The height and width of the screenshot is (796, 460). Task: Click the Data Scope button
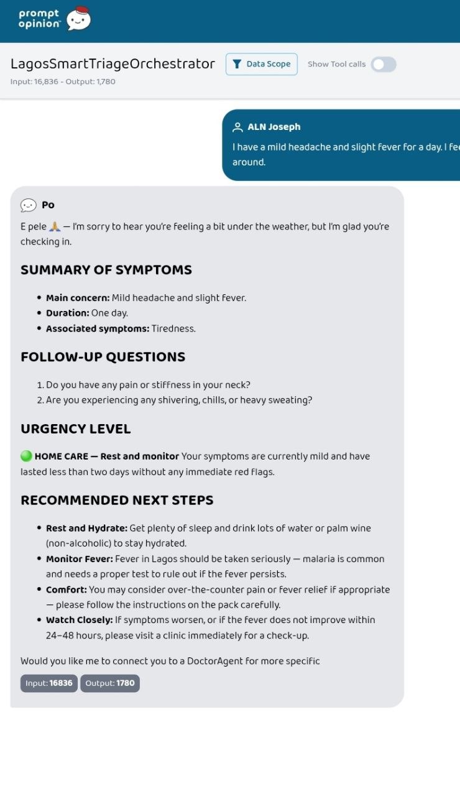(x=262, y=64)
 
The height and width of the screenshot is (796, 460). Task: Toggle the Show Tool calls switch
(x=384, y=64)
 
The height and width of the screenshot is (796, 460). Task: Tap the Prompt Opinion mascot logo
(x=79, y=19)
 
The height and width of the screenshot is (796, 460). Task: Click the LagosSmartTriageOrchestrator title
(x=113, y=63)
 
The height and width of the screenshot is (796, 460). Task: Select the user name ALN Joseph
(x=274, y=127)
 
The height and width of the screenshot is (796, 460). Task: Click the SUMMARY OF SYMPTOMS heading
(x=106, y=270)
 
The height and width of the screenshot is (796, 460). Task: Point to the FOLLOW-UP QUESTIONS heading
(x=103, y=357)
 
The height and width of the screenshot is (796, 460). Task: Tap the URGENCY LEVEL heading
(x=75, y=429)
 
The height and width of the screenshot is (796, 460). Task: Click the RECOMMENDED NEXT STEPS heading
(x=117, y=501)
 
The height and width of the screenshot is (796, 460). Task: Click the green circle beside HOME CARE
(x=26, y=456)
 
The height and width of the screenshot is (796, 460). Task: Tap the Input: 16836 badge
(x=49, y=683)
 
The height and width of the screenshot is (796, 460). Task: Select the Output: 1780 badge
(x=109, y=683)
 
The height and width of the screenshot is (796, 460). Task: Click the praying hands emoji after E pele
(x=54, y=227)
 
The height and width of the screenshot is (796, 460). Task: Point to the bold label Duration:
(x=67, y=313)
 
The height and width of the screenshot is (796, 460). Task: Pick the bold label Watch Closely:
(x=79, y=620)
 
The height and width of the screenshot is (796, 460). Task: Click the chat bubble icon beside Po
(x=29, y=205)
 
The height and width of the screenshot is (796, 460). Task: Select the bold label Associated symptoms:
(x=98, y=328)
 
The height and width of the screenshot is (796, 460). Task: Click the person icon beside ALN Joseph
(x=237, y=127)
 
